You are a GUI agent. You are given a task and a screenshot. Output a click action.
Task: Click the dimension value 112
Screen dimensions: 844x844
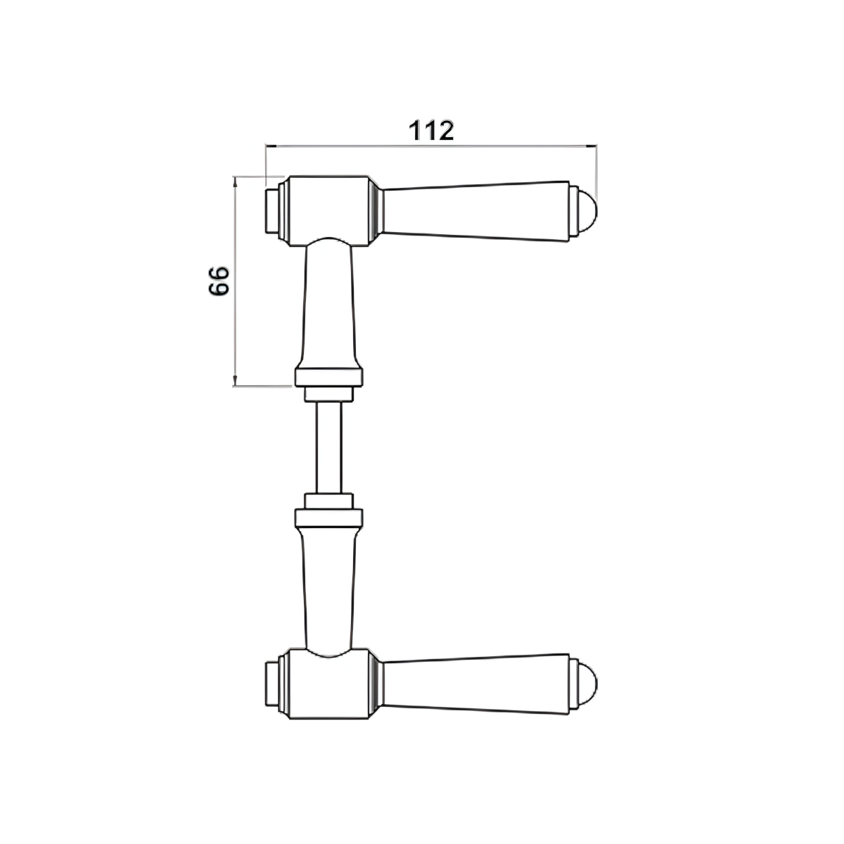pyautogui.click(x=431, y=131)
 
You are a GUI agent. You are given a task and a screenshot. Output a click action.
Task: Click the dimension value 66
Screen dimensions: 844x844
pyautogui.click(x=219, y=281)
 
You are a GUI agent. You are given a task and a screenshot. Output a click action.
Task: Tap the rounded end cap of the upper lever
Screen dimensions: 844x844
pyautogui.click(x=588, y=212)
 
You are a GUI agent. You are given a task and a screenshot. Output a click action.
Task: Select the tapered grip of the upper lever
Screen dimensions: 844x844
pyautogui.click(x=476, y=212)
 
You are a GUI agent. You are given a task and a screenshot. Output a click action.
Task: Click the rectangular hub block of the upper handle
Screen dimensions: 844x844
pyautogui.click(x=328, y=211)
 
